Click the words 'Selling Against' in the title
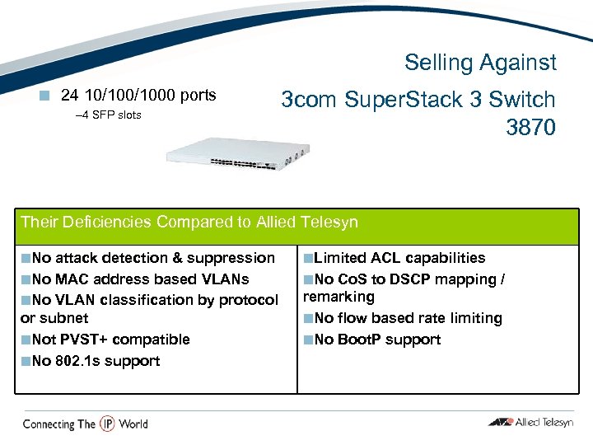pyautogui.click(x=480, y=63)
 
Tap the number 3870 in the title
pyautogui.click(x=532, y=129)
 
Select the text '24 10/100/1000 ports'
pyautogui.click(x=138, y=96)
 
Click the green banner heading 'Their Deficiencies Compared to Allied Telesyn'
pyautogui.click(x=189, y=222)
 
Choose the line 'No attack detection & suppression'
pyautogui.click(x=152, y=258)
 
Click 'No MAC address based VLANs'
pyautogui.click(x=139, y=279)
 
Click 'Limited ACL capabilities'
pyautogui.click(x=399, y=258)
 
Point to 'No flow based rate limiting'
pyautogui.click(x=408, y=318)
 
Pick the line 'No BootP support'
pyautogui.click(x=377, y=340)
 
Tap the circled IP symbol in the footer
pyautogui.click(x=107, y=424)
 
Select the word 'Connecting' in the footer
pyautogui.click(x=49, y=424)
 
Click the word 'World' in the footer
pyautogui.click(x=133, y=424)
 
